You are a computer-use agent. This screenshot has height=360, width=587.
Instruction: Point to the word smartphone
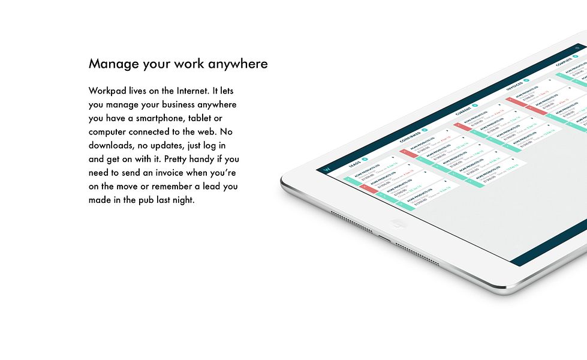tap(159, 118)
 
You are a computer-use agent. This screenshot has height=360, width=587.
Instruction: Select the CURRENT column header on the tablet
tap(463, 110)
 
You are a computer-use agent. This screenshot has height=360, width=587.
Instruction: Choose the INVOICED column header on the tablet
tap(515, 85)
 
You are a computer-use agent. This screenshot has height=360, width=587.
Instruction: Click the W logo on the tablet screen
tap(327, 170)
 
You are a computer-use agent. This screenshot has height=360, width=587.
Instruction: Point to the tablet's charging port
tap(384, 238)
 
